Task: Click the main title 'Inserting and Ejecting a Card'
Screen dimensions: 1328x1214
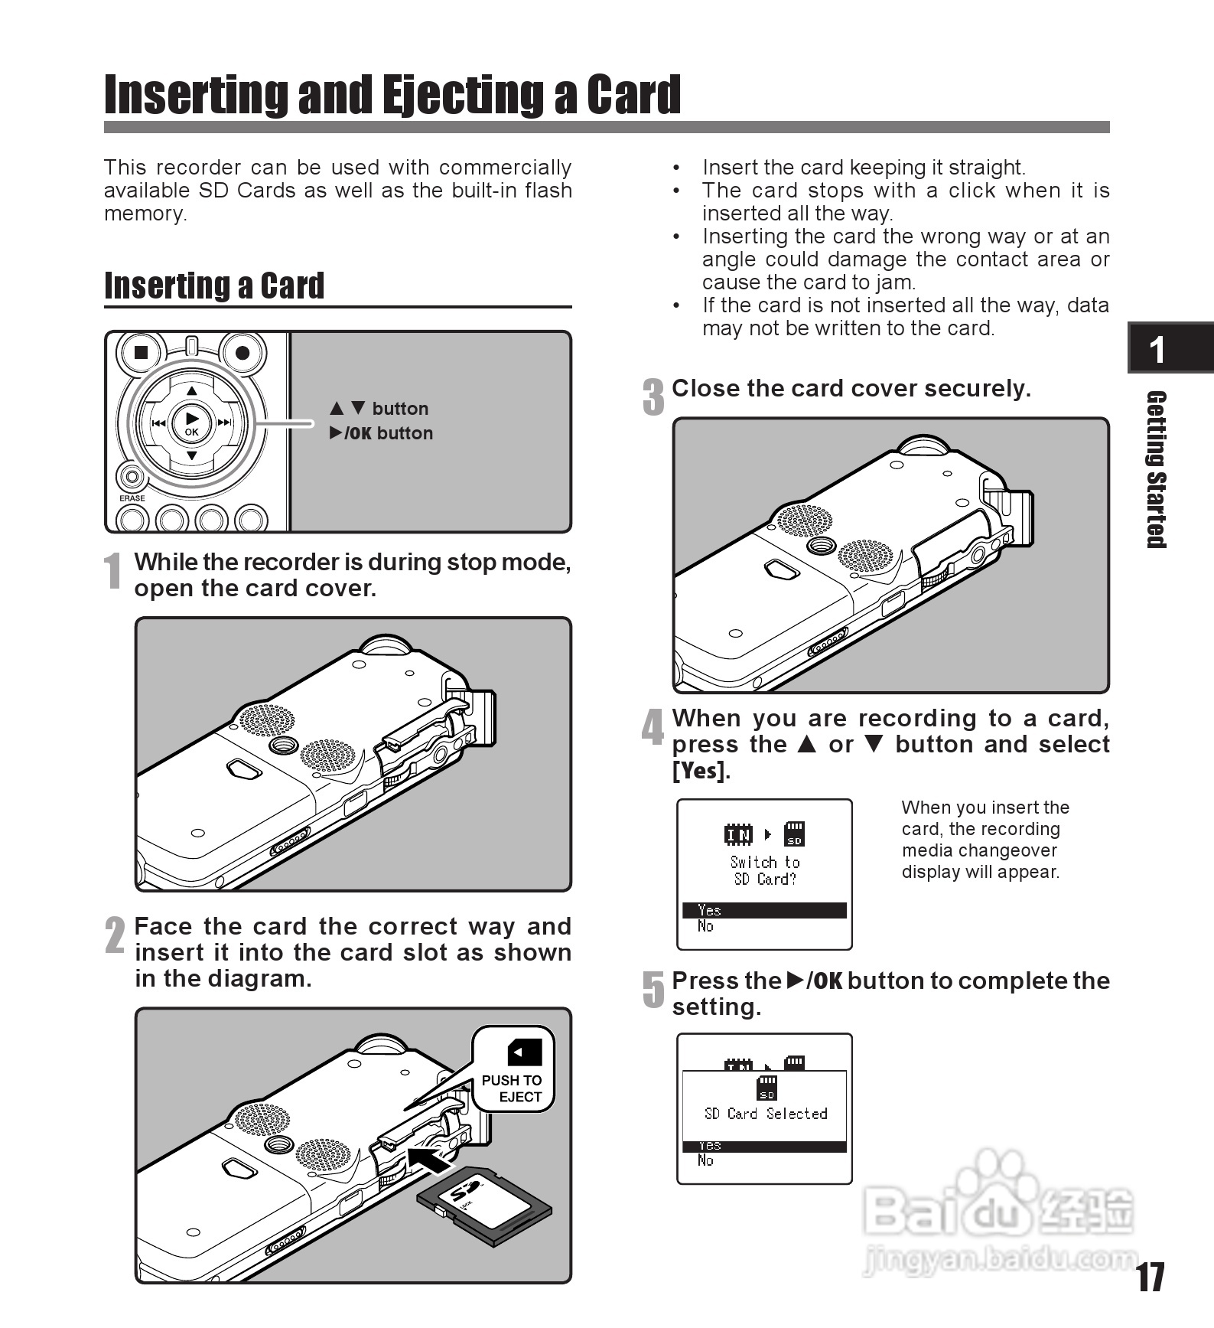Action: (392, 95)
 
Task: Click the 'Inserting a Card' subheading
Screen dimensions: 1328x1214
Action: (214, 286)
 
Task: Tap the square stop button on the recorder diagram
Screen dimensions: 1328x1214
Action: (141, 352)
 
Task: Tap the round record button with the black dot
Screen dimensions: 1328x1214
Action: (242, 353)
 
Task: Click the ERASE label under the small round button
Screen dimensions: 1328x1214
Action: (132, 498)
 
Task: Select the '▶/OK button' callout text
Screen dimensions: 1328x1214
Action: (382, 433)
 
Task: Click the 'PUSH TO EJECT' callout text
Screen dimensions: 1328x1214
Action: (512, 1088)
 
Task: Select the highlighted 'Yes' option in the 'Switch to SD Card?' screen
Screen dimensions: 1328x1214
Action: (764, 910)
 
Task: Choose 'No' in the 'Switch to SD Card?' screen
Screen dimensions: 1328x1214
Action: (705, 927)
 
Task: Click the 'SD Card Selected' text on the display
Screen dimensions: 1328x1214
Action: (765, 1114)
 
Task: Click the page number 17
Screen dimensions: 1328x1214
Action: (1150, 1277)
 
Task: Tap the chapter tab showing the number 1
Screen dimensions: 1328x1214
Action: (1157, 349)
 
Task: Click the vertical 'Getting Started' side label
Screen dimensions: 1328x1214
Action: (1156, 469)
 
